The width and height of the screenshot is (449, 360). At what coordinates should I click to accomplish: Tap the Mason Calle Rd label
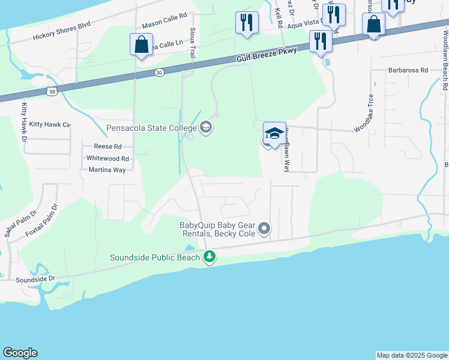tap(164, 21)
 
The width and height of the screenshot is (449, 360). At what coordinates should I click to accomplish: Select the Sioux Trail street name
tap(192, 39)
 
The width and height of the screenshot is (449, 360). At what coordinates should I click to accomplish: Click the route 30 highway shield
tap(158, 72)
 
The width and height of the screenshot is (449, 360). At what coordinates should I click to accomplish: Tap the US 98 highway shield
tap(53, 91)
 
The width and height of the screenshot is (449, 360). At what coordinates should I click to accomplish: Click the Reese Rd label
tap(108, 146)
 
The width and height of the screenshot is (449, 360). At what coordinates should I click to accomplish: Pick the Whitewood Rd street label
tap(108, 158)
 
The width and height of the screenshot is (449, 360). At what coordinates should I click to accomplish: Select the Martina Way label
tap(107, 170)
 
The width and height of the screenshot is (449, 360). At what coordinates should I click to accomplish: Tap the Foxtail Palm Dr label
tap(46, 220)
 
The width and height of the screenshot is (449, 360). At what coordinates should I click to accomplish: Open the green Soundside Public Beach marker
tap(209, 257)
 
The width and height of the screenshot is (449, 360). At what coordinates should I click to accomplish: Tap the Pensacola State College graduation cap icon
tap(206, 127)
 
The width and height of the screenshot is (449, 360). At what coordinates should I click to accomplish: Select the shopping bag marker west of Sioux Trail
tap(140, 45)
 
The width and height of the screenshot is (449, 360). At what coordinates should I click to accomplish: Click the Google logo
tap(20, 353)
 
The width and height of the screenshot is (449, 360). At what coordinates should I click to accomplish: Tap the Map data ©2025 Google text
tap(412, 355)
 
